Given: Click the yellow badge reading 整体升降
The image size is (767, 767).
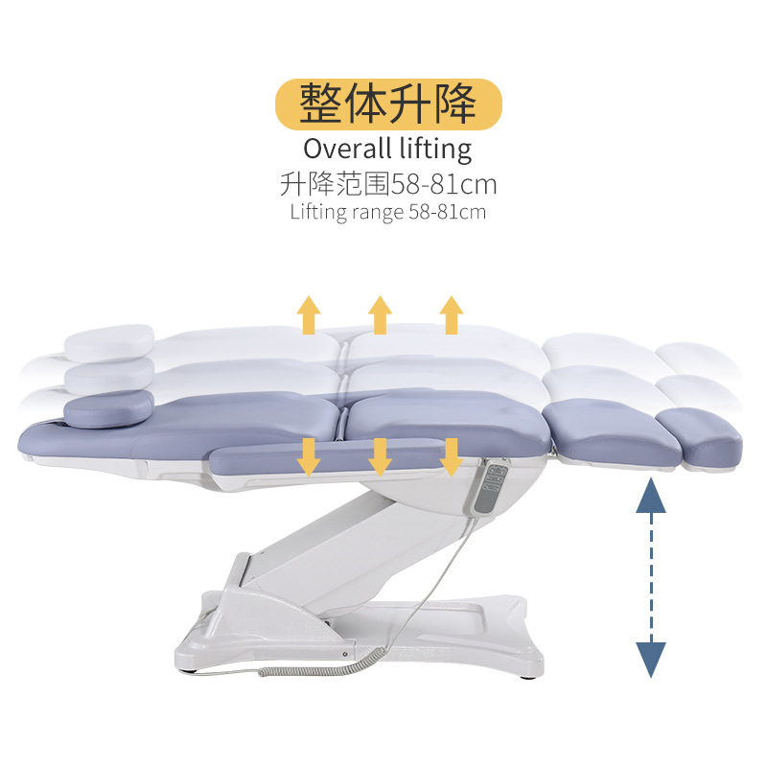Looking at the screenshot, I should [387, 105].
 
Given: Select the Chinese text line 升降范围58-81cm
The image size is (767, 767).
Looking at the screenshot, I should [388, 183].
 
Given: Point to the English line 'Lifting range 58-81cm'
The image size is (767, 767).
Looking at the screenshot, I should [387, 212].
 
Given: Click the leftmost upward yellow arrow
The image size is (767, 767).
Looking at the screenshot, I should [309, 314].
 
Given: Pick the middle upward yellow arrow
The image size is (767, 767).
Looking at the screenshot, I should [381, 314].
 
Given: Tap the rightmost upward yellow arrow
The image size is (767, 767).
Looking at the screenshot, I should [452, 314].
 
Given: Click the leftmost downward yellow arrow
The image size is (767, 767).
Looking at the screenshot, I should [309, 456].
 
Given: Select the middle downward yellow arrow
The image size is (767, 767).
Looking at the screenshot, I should [381, 456].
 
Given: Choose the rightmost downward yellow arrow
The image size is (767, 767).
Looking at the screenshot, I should [452, 456].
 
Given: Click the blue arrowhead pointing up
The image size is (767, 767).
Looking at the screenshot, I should [652, 496].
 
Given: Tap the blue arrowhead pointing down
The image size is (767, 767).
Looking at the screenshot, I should [652, 660].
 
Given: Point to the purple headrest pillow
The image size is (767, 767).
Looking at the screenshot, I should [108, 407].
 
